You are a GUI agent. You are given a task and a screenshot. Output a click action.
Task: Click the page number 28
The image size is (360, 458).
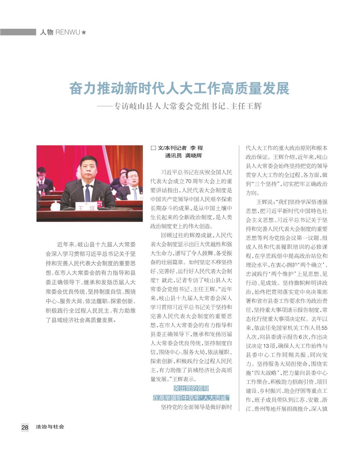tap(25, 427)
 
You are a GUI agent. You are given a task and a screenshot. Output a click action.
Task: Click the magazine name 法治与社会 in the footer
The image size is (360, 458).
tap(50, 427)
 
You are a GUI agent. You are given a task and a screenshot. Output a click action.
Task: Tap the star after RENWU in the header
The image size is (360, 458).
tap(84, 32)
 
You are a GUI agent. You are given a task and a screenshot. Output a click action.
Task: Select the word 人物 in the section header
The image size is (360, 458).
tap(46, 32)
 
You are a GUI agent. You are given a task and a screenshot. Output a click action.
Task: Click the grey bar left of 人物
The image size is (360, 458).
tap(18, 32)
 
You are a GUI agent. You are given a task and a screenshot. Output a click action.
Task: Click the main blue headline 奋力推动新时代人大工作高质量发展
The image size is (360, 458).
tap(179, 88)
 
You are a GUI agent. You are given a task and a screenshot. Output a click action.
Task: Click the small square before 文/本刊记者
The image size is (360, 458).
tap(153, 148)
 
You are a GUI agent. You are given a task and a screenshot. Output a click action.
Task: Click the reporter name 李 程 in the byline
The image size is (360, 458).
tap(196, 148)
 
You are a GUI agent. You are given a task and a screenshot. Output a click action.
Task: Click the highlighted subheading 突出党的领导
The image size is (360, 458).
tap(191, 389)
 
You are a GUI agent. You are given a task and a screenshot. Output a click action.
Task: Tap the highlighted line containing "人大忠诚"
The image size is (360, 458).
tap(191, 398)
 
